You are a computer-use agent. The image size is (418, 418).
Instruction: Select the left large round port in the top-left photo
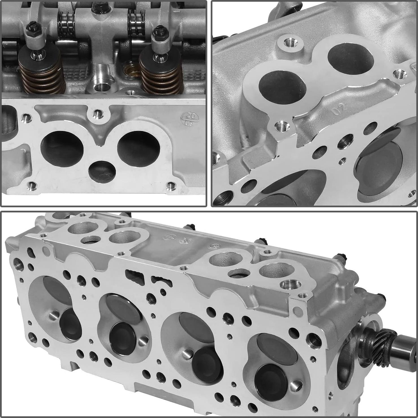coord(62,149)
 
